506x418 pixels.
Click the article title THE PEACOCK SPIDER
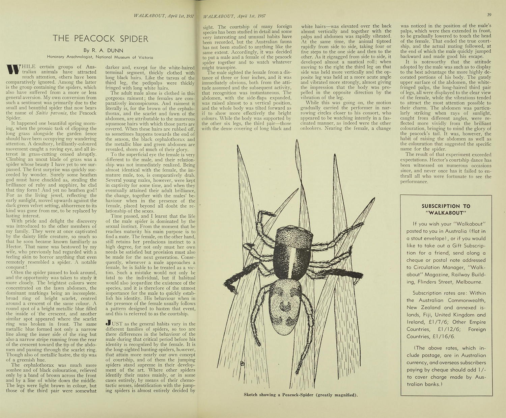100,38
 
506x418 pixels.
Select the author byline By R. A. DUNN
100,50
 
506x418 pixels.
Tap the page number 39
489,15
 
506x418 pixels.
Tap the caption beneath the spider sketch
301,395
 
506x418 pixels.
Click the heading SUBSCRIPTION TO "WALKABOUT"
446,209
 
